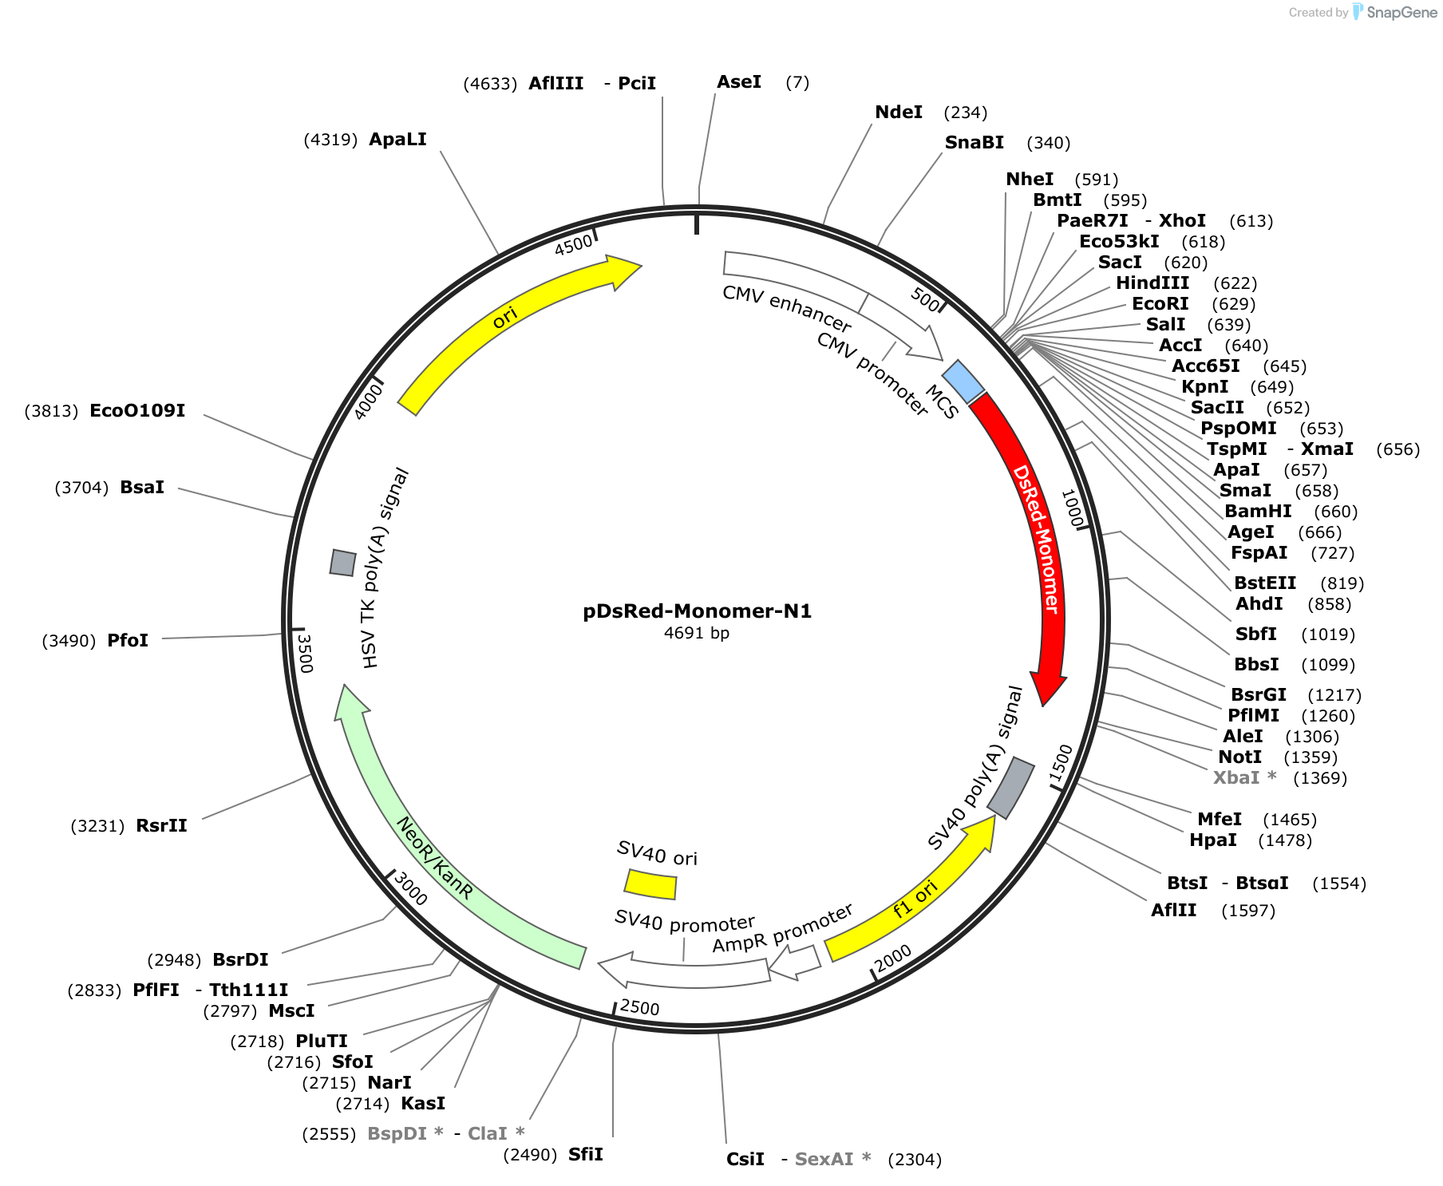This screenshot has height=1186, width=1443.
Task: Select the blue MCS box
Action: [963, 381]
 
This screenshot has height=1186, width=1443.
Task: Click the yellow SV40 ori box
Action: [650, 884]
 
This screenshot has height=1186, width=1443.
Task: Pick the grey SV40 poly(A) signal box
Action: [1010, 788]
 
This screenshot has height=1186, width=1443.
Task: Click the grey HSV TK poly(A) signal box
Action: [343, 562]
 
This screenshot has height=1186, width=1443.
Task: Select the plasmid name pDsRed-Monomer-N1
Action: [697, 611]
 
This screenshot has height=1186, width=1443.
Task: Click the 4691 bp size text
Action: [697, 633]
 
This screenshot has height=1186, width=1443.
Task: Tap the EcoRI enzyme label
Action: [1160, 304]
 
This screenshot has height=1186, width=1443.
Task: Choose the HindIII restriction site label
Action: [1152, 283]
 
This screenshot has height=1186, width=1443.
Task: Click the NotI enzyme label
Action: [1240, 757]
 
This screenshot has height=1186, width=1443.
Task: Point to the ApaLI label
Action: [397, 140]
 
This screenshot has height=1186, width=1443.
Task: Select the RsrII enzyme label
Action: [162, 826]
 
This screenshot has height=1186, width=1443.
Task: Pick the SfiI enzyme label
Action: [586, 1155]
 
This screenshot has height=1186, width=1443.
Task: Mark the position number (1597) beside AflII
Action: [1248, 911]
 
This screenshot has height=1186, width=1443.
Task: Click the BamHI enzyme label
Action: [1258, 512]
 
